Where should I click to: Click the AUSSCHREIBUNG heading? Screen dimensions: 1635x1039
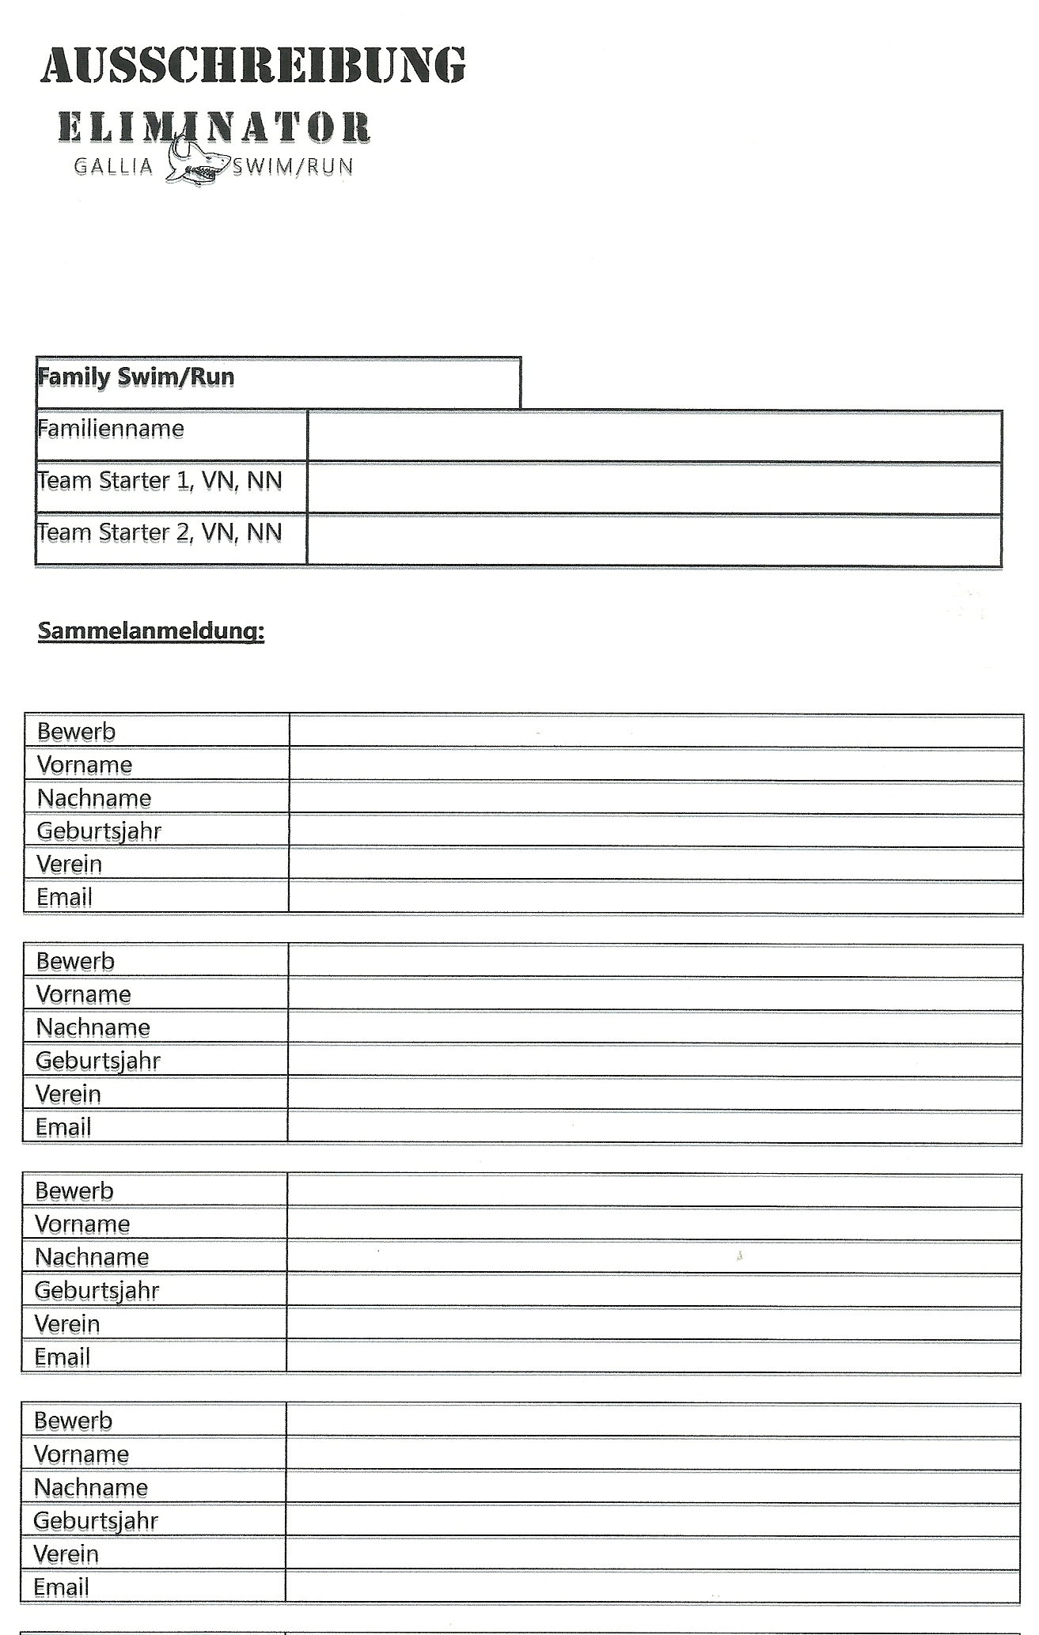[x=253, y=65]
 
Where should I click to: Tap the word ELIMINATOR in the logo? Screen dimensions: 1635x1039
[x=214, y=127]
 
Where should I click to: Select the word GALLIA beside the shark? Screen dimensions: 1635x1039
[x=113, y=167]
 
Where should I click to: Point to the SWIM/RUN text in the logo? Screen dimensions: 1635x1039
[x=294, y=167]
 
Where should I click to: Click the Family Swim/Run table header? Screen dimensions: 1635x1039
[x=136, y=377]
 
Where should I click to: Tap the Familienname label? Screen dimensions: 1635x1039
[x=111, y=430]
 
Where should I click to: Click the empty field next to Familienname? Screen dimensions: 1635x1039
[x=654, y=436]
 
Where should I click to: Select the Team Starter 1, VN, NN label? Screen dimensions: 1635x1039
[x=160, y=481]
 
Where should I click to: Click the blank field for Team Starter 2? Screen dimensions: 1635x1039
[x=654, y=540]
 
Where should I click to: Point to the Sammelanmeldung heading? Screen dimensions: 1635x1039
[x=151, y=631]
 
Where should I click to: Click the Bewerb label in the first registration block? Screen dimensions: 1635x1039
[x=77, y=732]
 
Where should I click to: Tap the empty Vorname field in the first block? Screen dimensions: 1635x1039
[x=655, y=765]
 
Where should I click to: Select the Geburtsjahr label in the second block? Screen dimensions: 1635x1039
[x=98, y=1061]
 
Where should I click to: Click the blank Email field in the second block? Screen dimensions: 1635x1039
[x=654, y=1127]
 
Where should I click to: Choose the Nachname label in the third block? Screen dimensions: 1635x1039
[x=92, y=1257]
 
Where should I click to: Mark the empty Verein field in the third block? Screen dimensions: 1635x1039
[x=653, y=1323]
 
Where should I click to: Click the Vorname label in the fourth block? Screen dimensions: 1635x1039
[x=82, y=1454]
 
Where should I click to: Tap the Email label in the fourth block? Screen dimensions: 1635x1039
[x=62, y=1587]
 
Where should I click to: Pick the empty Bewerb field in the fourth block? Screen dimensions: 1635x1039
[x=652, y=1421]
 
